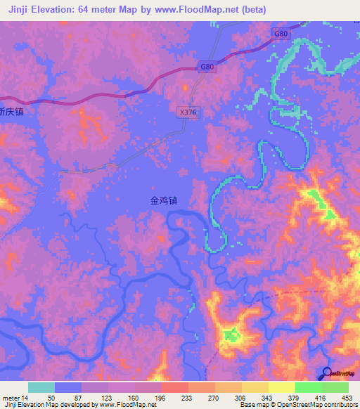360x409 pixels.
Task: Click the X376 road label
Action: [187, 111]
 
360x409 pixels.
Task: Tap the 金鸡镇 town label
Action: [163, 200]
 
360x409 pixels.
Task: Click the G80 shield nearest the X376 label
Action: [206, 67]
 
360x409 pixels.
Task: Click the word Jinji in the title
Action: [21, 9]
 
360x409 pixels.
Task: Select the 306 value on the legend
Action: [241, 397]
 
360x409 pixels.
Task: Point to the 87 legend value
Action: [82, 397]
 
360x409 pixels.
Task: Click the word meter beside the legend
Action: [11, 397]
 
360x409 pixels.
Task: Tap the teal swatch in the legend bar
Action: [41, 387]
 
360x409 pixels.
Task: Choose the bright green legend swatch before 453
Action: [335, 387]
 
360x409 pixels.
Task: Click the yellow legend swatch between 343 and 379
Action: [281, 387]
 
